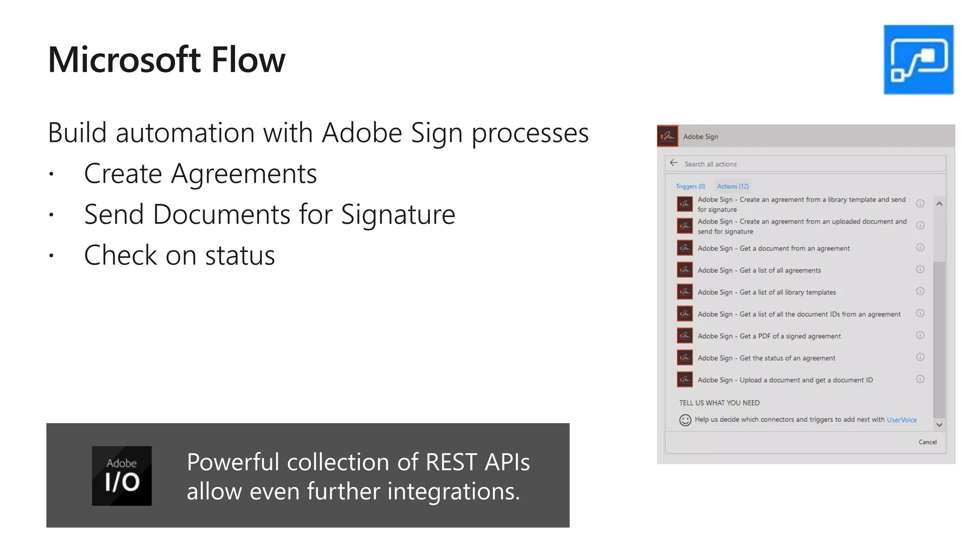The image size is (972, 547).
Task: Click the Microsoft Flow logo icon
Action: pos(918,59)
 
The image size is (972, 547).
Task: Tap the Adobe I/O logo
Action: pos(121,475)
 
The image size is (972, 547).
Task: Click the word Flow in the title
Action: pos(248,60)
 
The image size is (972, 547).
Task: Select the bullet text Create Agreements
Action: pos(200,174)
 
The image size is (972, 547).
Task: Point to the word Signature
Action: pos(398,215)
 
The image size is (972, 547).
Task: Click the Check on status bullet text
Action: pos(179,255)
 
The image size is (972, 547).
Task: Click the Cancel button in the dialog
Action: pos(927,442)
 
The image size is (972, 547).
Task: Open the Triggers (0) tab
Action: pos(691,186)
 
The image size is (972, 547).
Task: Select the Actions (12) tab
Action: pos(733,186)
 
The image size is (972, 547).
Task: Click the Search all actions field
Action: pos(807,164)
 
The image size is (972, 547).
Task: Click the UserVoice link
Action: pos(902,420)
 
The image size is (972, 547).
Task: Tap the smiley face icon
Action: pos(685,420)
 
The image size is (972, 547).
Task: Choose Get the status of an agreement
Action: pos(766,358)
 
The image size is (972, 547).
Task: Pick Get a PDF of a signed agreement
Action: pos(769,336)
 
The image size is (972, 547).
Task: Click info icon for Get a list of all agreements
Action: pos(920,270)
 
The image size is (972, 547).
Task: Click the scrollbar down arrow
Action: pos(939,425)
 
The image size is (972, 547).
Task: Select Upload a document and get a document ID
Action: pos(785,380)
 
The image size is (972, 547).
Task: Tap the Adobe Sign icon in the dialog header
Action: pos(667,136)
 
